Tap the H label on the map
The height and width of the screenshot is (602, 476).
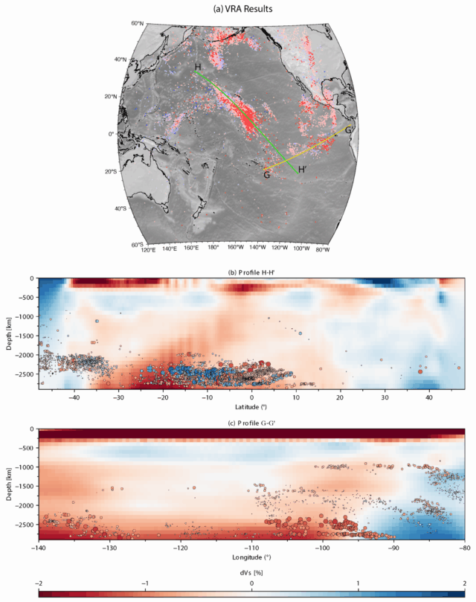pyautogui.click(x=198, y=68)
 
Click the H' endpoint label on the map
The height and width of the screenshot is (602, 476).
pyautogui.click(x=303, y=170)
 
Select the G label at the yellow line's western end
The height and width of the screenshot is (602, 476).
pyautogui.click(x=266, y=175)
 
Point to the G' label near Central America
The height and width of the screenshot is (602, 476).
pyautogui.click(x=350, y=130)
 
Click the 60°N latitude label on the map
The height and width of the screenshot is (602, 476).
pyautogui.click(x=138, y=24)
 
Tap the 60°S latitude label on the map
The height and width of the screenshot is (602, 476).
pyautogui.click(x=136, y=244)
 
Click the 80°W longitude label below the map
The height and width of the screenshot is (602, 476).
pyautogui.click(x=323, y=251)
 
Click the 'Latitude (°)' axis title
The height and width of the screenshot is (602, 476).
pyautogui.click(x=251, y=409)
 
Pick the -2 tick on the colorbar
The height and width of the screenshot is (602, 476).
pyautogui.click(x=39, y=583)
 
